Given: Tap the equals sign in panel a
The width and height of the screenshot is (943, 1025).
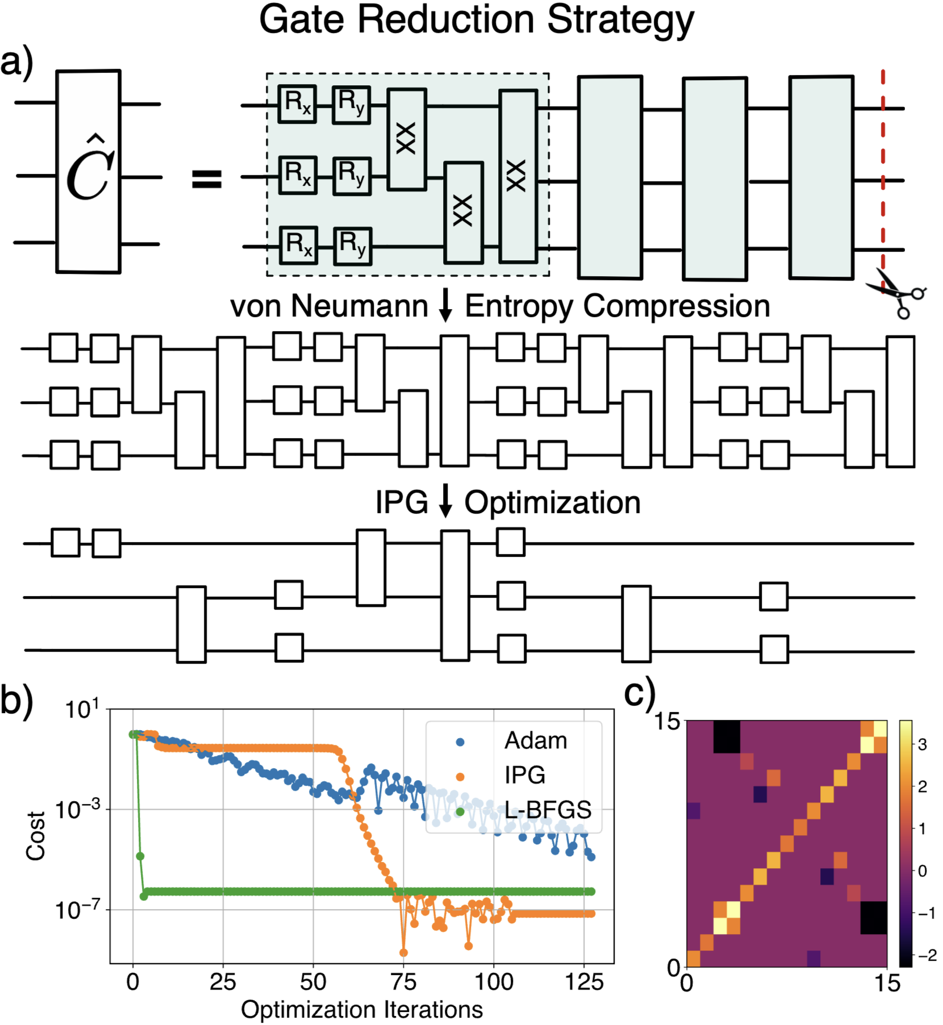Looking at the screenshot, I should [207, 179].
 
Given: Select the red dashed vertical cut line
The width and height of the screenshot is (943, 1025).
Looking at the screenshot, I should [883, 170].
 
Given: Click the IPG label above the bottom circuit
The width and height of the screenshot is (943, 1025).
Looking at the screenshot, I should [401, 503].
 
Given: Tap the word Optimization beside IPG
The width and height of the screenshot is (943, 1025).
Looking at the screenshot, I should [552, 503].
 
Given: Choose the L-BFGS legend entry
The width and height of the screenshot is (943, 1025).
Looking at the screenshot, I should [548, 810].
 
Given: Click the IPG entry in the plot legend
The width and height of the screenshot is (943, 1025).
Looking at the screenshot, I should [524, 776].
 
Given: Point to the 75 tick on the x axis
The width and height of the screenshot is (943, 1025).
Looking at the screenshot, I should [403, 982].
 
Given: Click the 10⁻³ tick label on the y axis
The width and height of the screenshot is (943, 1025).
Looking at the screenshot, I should [78, 809].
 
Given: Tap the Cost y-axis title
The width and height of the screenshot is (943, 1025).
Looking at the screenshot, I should [36, 835].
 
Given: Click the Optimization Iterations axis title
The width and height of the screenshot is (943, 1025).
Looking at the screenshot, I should [362, 1010].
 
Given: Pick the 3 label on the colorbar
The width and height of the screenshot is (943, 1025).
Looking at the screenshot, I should [922, 744].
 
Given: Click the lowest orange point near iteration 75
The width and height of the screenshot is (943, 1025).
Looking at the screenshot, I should [404, 953].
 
